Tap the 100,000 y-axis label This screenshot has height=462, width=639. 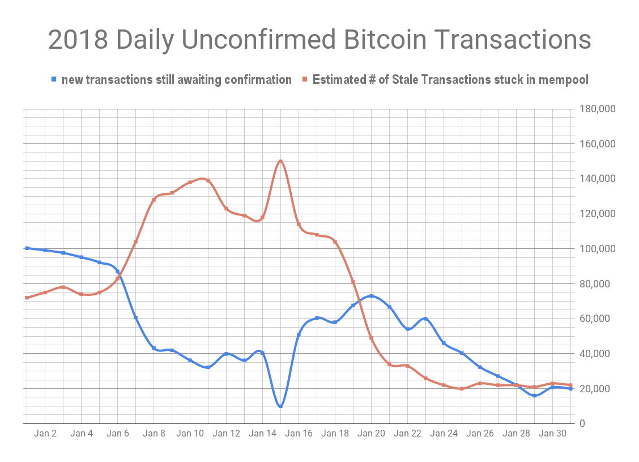point(597,249)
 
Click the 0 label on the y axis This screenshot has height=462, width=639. point(582,423)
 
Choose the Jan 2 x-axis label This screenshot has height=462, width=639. point(45,434)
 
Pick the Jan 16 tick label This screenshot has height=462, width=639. point(299,434)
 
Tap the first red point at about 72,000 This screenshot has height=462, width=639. point(27,298)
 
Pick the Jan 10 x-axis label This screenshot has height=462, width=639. point(190,434)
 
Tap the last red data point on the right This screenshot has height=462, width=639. point(570,385)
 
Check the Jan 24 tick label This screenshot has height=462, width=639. point(444,434)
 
